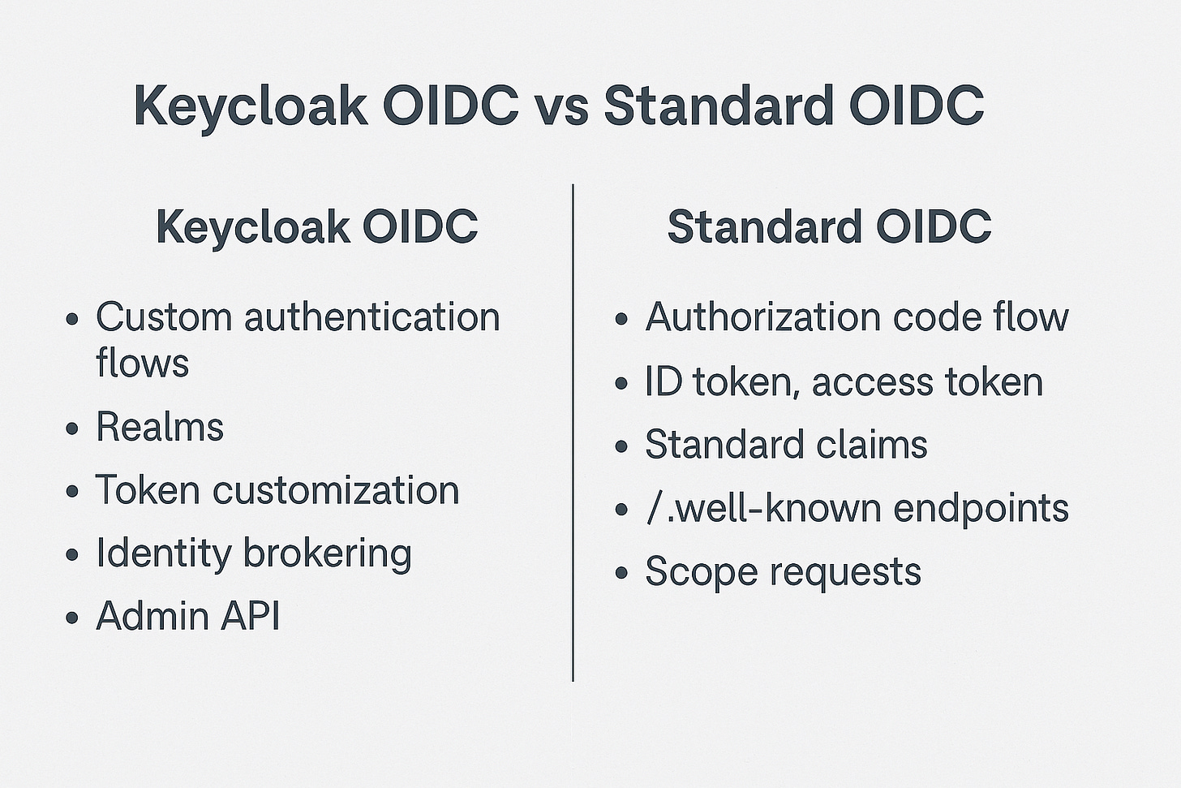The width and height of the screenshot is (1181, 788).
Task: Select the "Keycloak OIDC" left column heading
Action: tap(316, 226)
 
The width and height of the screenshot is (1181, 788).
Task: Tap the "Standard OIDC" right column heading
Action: tap(829, 226)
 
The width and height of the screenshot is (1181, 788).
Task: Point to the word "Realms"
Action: tap(159, 427)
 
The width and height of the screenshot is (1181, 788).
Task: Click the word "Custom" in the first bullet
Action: tap(165, 316)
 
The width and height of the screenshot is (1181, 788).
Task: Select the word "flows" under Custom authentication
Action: tap(142, 362)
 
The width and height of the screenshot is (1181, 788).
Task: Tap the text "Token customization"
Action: tap(277, 490)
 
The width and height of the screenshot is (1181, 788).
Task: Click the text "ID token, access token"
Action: tap(844, 381)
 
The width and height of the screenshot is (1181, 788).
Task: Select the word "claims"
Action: tap(882, 445)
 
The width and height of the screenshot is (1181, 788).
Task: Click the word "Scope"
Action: tap(701, 571)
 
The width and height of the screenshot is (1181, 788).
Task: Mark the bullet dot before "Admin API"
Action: tap(72, 618)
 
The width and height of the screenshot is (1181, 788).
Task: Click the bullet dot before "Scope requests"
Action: tap(622, 573)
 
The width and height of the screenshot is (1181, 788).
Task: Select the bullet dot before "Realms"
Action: tap(72, 428)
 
